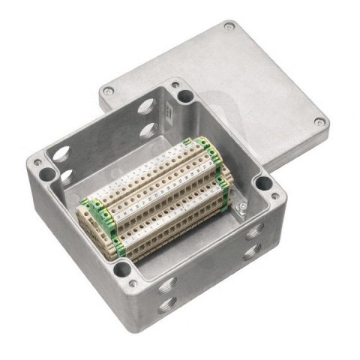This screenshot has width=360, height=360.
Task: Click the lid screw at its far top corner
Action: [x=228, y=26]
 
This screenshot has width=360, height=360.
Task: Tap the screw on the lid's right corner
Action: [x=320, y=122]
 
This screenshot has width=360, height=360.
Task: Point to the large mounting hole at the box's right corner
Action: [x=262, y=182]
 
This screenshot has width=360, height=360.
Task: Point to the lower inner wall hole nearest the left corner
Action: [x=66, y=178]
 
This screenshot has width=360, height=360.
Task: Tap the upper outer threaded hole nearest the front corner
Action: [x=166, y=283]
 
